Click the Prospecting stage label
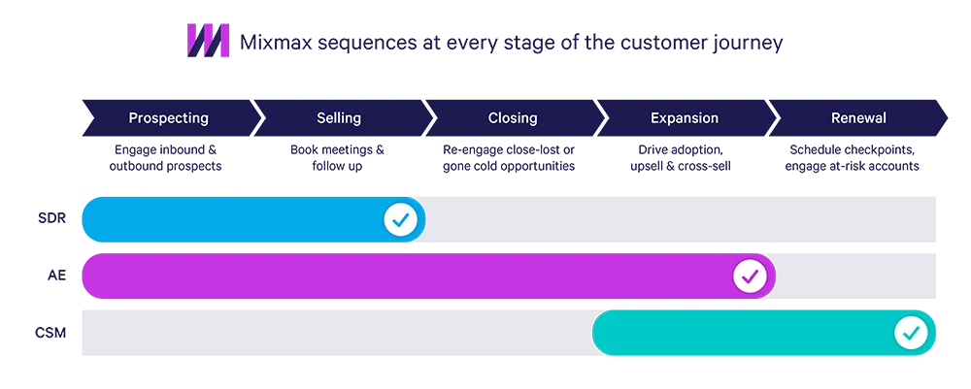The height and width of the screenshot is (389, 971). [x=168, y=118]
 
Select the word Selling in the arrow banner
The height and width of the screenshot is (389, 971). [x=339, y=118]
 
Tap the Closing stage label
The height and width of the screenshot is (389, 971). [x=513, y=118]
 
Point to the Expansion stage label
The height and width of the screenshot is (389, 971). [x=685, y=118]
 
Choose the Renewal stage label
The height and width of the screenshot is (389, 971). [x=858, y=118]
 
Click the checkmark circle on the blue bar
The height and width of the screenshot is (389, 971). [x=399, y=220]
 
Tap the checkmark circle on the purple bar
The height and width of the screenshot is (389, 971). [x=749, y=277]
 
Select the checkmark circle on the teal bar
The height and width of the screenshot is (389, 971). [x=911, y=334]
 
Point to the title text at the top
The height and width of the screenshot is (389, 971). [x=511, y=44]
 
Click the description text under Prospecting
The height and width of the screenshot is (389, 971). [x=168, y=157]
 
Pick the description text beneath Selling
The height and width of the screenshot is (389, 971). [x=339, y=157]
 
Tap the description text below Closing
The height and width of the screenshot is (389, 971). [x=509, y=157]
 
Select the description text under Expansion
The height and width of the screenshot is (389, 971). [x=684, y=157]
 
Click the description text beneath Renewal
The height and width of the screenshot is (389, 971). [x=854, y=157]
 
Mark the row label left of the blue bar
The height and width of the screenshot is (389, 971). [x=50, y=219]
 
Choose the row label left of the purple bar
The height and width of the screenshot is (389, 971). [x=55, y=277]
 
